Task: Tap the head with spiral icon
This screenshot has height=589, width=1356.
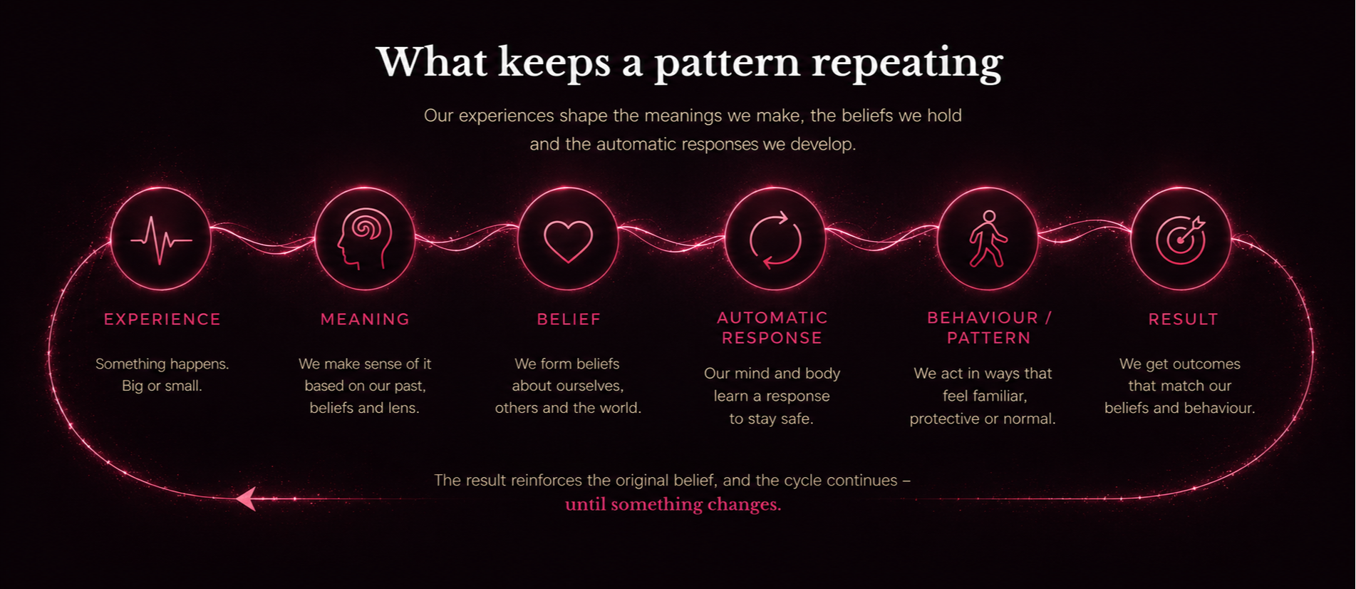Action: [x=365, y=238]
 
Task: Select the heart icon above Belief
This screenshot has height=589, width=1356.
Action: [x=568, y=241]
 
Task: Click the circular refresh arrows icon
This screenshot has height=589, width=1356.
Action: [x=775, y=240]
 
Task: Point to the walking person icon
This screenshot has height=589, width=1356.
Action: [x=988, y=238]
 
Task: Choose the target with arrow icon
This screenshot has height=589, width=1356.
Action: [x=1181, y=240]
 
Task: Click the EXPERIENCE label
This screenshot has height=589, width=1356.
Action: [x=162, y=319]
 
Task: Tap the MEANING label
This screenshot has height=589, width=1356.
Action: [x=365, y=319]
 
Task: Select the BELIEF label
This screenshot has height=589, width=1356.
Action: [x=569, y=319]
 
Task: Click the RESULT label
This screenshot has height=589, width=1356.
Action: [x=1183, y=319]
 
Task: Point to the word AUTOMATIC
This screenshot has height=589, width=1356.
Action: [x=772, y=317]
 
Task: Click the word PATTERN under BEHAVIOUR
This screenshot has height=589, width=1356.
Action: [x=989, y=338]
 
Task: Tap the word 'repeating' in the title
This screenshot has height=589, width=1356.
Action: [x=907, y=63]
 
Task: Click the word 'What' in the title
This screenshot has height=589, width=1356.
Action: [x=432, y=61]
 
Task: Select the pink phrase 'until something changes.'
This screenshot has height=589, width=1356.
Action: [x=673, y=504]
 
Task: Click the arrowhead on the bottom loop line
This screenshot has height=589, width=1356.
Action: [x=246, y=498]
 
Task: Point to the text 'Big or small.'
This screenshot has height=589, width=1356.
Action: [x=162, y=386]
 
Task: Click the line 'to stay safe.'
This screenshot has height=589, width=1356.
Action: [x=771, y=419]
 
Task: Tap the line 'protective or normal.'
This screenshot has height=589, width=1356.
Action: [x=983, y=419]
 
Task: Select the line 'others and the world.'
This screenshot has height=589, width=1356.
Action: [x=568, y=408]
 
